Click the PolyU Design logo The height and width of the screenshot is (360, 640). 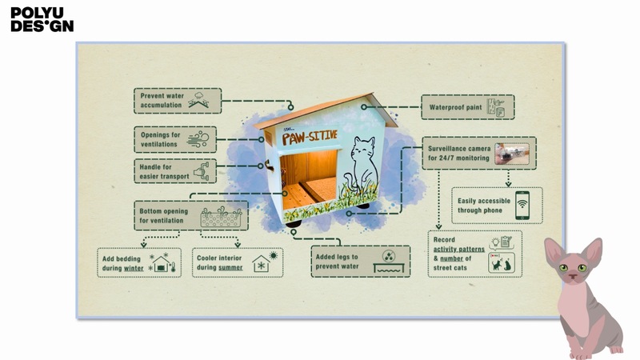42,19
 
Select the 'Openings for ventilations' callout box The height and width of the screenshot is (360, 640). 174,138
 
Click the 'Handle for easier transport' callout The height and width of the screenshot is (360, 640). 174,170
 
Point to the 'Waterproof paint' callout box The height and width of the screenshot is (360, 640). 467,107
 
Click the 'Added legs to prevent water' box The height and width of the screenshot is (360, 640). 359,261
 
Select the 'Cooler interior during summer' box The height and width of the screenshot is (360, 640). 238,262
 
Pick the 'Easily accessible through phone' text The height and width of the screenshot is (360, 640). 480,206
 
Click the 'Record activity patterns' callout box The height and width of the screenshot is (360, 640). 474,254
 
